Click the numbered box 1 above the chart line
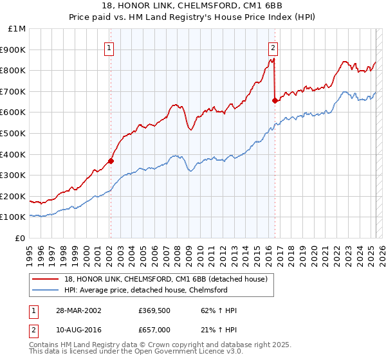click(x=109, y=48)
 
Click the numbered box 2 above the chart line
click(x=273, y=48)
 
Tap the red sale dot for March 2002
click(x=111, y=161)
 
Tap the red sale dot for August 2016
click(x=275, y=100)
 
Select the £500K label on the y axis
click(x=14, y=134)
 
